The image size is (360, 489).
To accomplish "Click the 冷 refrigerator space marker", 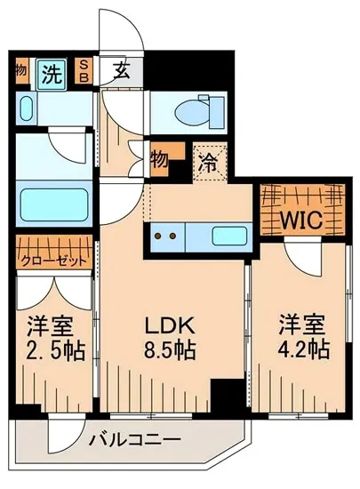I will (209, 163).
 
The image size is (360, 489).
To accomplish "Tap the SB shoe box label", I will (84, 71).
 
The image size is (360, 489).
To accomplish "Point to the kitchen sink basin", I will (228, 236).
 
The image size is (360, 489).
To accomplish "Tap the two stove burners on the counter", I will (167, 236).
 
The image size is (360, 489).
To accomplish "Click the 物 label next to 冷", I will (160, 160).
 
